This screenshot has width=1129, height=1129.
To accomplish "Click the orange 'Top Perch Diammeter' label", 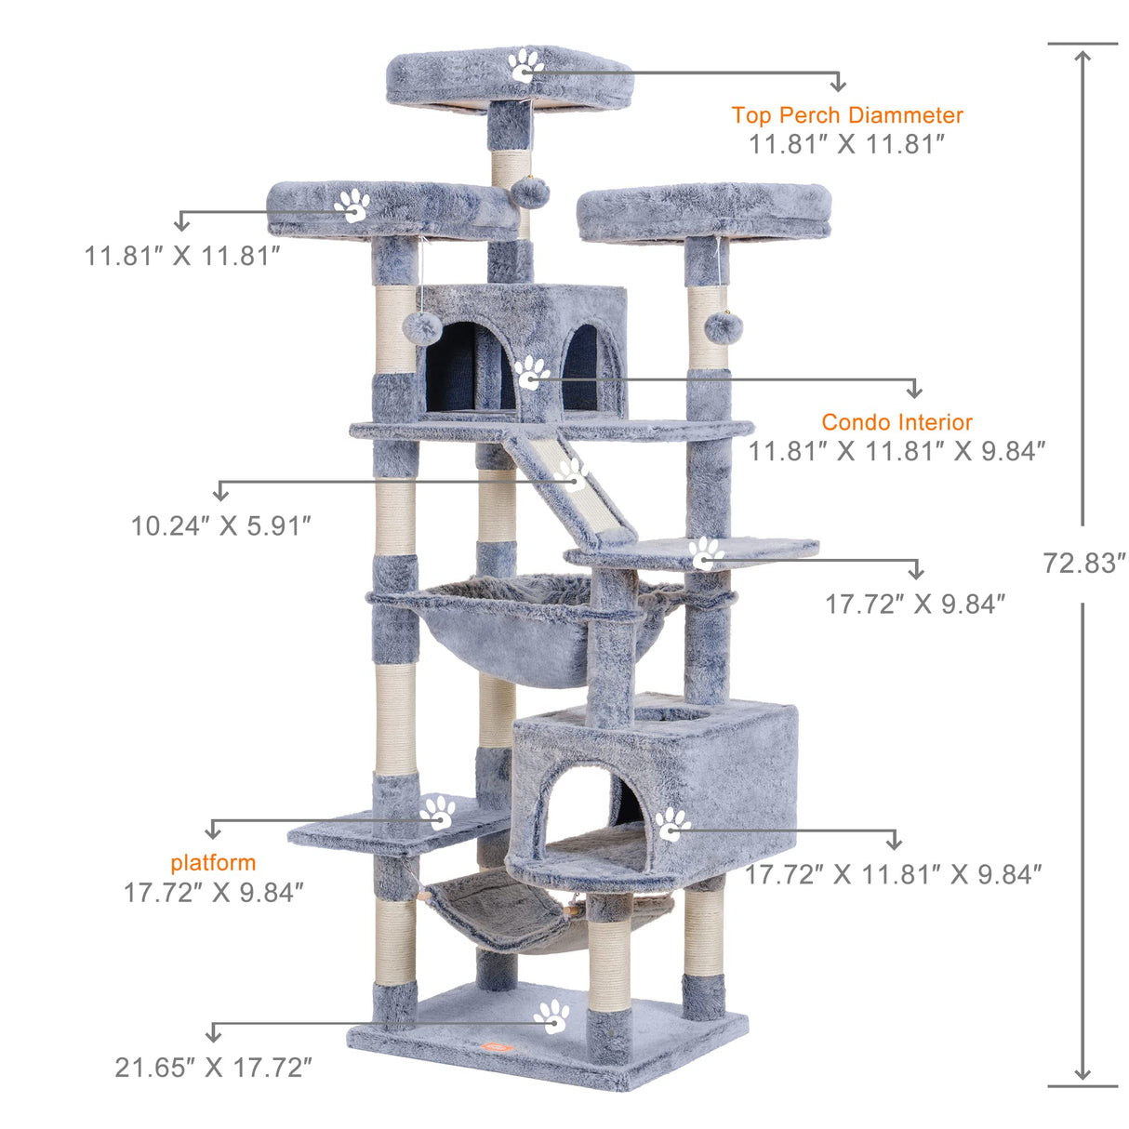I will click(x=846, y=115).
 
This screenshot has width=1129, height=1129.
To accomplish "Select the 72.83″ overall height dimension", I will click(x=1083, y=563).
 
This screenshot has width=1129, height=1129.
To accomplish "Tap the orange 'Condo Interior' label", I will click(x=897, y=422).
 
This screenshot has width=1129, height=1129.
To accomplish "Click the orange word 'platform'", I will click(x=213, y=862).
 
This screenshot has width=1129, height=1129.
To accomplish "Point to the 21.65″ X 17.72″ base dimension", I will click(x=213, y=1067).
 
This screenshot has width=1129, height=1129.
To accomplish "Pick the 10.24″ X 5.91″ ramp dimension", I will click(x=220, y=525).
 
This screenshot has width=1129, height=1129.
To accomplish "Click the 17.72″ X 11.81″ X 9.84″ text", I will click(x=893, y=874).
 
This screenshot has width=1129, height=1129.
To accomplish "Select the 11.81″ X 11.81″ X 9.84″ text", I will click(x=897, y=451).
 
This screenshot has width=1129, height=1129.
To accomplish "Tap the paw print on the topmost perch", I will click(x=525, y=65).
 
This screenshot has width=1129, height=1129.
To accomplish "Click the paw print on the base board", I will click(x=552, y=1016).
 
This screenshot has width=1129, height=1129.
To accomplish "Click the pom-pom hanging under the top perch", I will click(x=530, y=193).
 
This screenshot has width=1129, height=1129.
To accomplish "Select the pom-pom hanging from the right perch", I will click(x=723, y=326).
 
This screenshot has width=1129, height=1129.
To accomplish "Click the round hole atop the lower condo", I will click(x=672, y=714).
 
